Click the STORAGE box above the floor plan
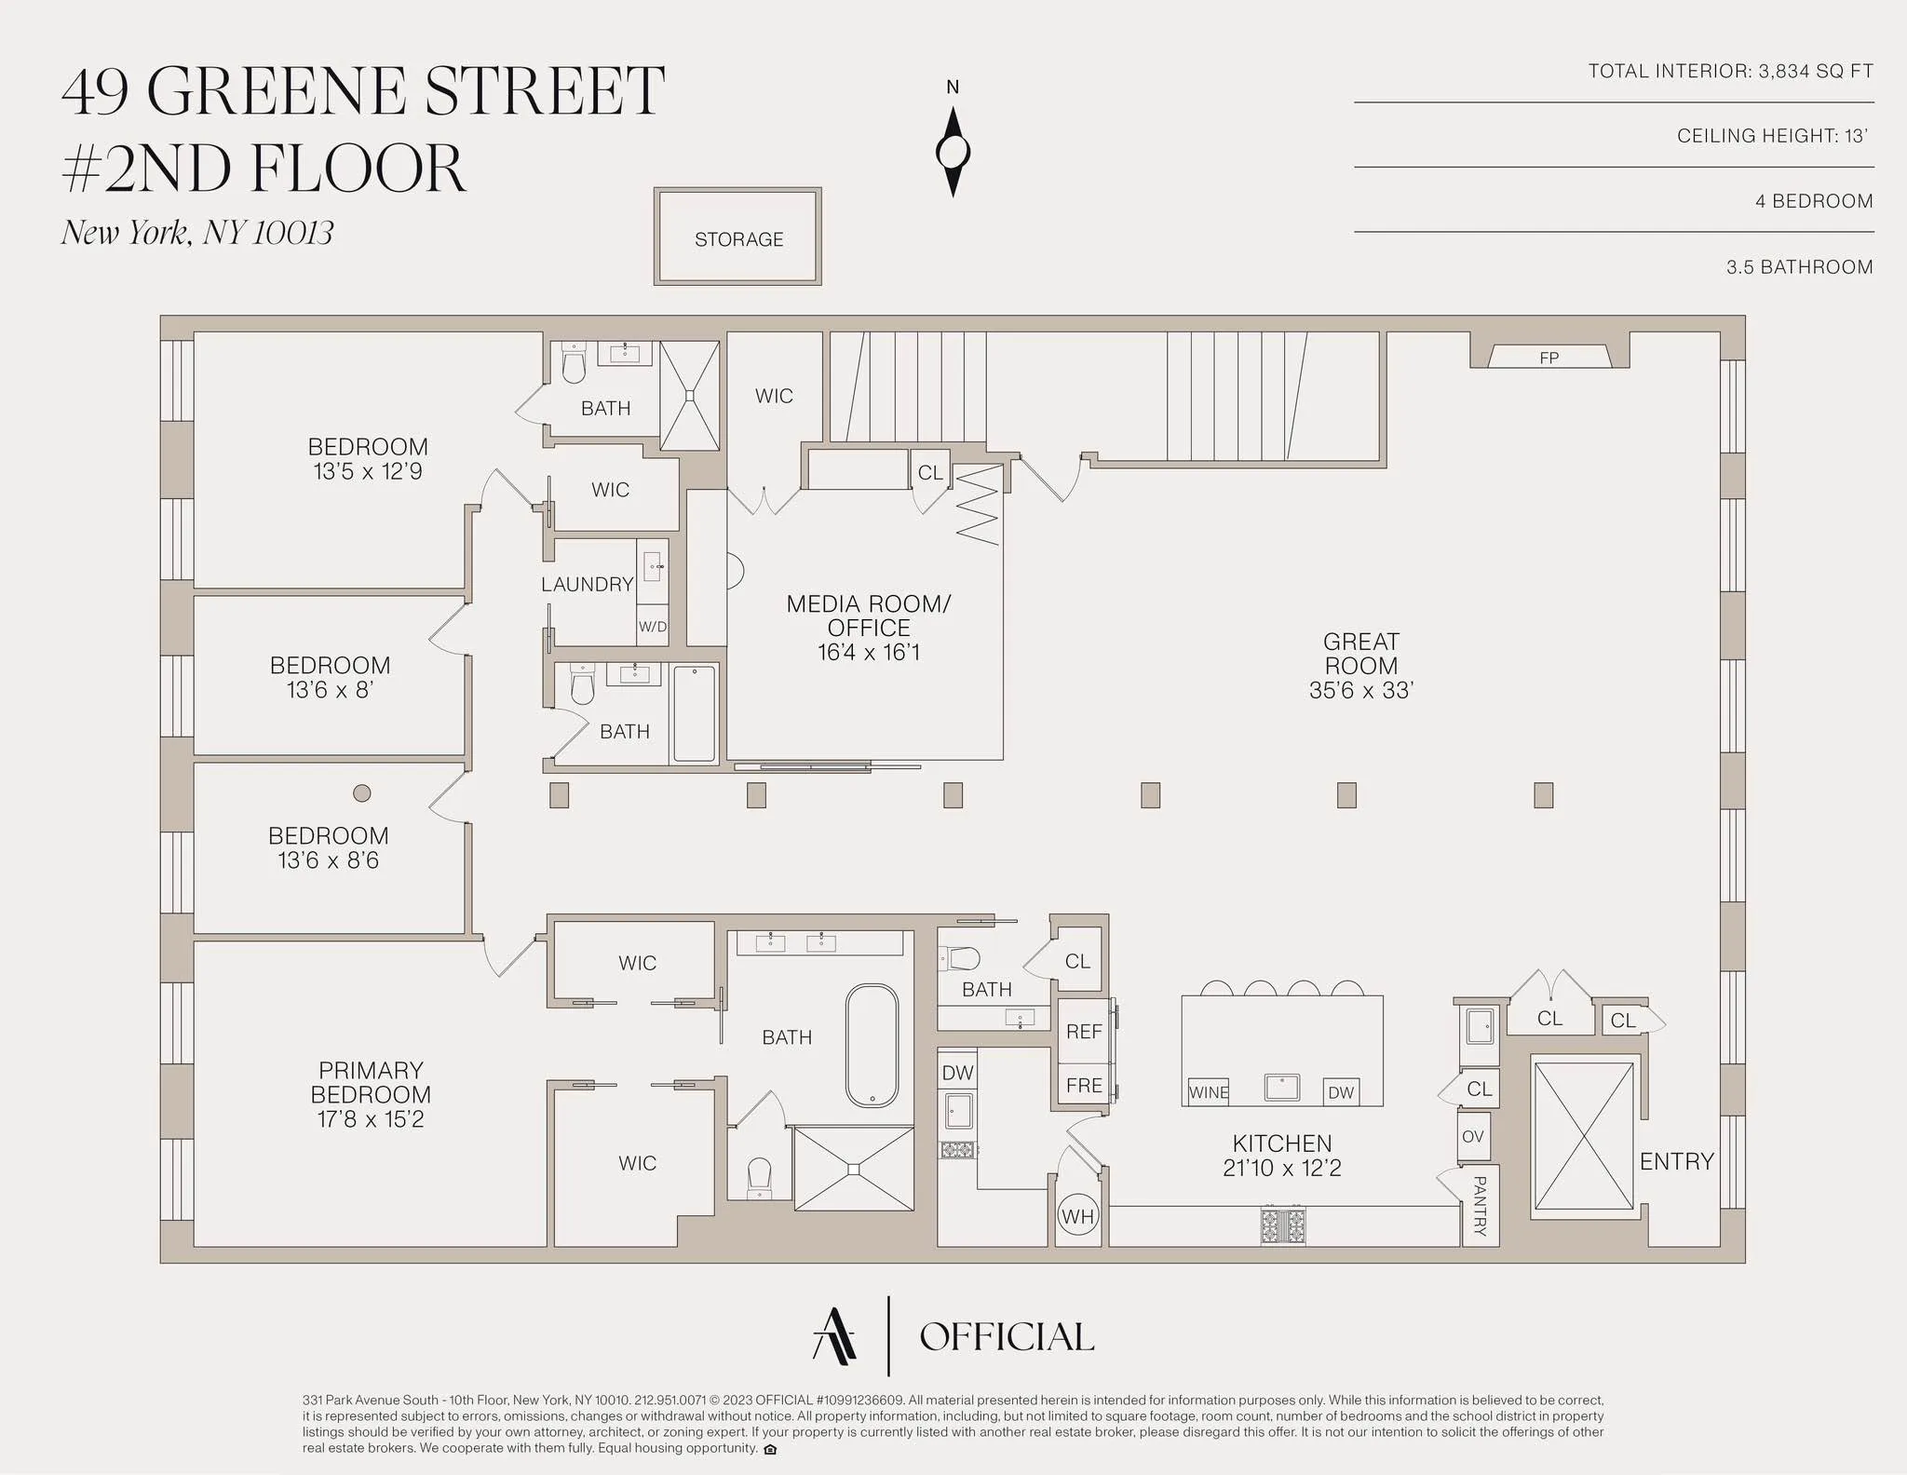click(x=738, y=238)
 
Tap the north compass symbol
click(x=953, y=151)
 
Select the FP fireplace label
click(x=1549, y=358)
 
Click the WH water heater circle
click(x=1077, y=1216)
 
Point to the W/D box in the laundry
click(x=652, y=627)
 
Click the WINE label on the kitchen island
click(x=1209, y=1092)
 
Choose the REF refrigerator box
click(x=1084, y=1032)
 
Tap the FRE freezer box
click(x=1084, y=1085)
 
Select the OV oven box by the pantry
click(x=1472, y=1136)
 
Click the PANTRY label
click(x=1479, y=1206)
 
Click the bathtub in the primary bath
click(x=872, y=1046)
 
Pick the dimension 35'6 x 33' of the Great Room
click(x=1360, y=690)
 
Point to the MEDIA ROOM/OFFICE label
click(x=868, y=616)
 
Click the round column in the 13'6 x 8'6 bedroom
click(x=362, y=793)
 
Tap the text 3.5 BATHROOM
click(x=1799, y=267)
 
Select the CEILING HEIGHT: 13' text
click(x=1774, y=136)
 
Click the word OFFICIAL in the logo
click(x=1007, y=1337)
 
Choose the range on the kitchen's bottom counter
click(x=1282, y=1225)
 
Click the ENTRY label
click(x=1676, y=1161)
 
